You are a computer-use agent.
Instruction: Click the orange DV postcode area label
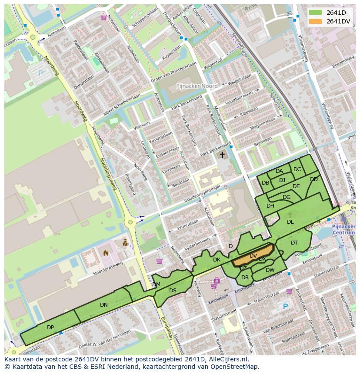[253, 256]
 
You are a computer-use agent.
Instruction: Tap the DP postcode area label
[50, 327]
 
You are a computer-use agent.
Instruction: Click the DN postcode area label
[103, 305]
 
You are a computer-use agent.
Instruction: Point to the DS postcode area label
[173, 291]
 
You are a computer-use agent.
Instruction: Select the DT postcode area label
[294, 243]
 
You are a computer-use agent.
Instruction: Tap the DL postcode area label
[290, 222]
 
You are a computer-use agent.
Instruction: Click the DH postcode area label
[270, 206]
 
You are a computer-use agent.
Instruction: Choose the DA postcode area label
[279, 171]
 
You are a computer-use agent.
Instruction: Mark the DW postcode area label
[270, 270]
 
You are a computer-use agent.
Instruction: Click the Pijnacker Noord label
[197, 86]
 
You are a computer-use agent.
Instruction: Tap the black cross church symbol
[222, 155]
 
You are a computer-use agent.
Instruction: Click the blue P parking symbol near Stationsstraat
[285, 306]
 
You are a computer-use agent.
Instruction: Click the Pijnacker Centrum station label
[343, 229]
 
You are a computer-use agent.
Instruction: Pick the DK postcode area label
[217, 260]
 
